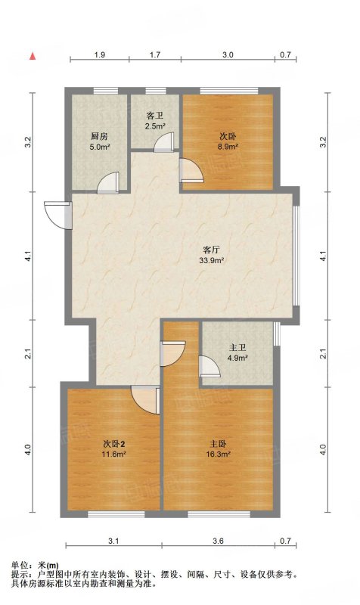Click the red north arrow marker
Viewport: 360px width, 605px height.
pos(33,56)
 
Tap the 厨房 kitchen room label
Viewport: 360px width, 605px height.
pos(99,136)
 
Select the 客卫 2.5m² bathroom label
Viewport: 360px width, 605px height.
pos(155,121)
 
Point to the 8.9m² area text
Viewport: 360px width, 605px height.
pos(228,147)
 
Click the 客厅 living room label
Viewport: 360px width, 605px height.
pos(212,250)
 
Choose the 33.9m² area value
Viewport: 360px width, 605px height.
pos(212,260)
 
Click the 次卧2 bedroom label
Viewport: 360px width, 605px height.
pos(113,444)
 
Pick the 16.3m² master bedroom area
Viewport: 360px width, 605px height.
pos(219,455)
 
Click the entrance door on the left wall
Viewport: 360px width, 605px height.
pos(58,216)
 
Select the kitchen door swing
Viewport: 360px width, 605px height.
pos(108,183)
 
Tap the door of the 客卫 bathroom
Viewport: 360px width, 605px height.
pos(164,142)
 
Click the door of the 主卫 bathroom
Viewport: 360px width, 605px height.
pos(209,367)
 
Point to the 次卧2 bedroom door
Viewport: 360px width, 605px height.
pos(145,400)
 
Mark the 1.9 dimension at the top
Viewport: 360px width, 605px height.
pos(100,54)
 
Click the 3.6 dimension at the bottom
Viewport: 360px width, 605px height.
pos(218,541)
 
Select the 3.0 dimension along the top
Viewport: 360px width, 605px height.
pos(228,54)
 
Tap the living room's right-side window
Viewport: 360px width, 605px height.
pos(296,256)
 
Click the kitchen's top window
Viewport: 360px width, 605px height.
pos(106,91)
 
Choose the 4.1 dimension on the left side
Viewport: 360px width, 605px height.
pos(27,256)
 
